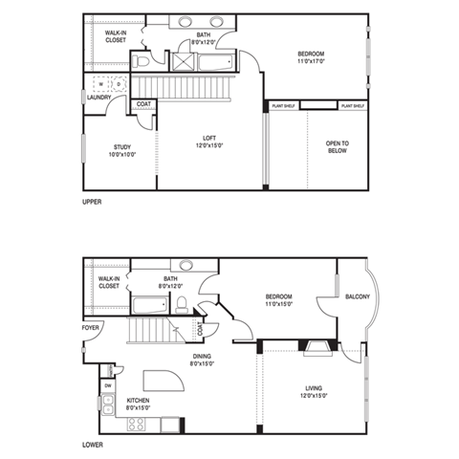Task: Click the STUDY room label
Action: pyautogui.click(x=122, y=147)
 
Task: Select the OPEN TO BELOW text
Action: pyautogui.click(x=338, y=146)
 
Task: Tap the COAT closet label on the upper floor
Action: pyautogui.click(x=142, y=104)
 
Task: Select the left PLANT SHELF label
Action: pyautogui.click(x=285, y=105)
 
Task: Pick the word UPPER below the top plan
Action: pyautogui.click(x=93, y=202)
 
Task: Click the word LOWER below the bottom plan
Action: pyautogui.click(x=93, y=446)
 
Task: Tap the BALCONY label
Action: pyautogui.click(x=358, y=296)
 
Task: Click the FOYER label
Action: pyautogui.click(x=90, y=326)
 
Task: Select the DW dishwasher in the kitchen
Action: pyautogui.click(x=108, y=385)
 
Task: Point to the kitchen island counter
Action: pyautogui.click(x=162, y=381)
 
